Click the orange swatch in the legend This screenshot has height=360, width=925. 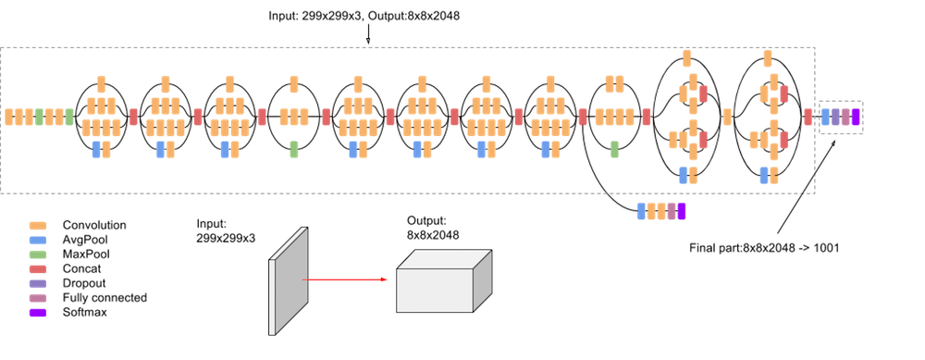(x=38, y=226)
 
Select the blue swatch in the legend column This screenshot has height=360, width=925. (x=38, y=240)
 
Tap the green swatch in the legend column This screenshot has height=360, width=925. (x=38, y=254)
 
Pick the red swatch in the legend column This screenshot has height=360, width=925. (x=38, y=268)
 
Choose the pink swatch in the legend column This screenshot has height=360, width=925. (x=38, y=298)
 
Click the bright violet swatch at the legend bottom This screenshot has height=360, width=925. (x=38, y=313)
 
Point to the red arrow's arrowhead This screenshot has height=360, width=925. (x=384, y=279)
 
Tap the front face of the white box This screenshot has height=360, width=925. (x=434, y=291)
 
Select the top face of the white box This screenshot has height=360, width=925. (x=444, y=259)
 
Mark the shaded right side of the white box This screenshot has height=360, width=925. (x=482, y=279)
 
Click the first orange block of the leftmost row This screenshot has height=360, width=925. (x=8, y=117)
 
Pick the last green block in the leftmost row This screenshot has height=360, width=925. (x=69, y=117)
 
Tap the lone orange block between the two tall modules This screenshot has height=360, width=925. (x=728, y=117)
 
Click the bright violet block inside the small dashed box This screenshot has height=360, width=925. (x=856, y=117)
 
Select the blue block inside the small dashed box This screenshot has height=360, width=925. (x=826, y=117)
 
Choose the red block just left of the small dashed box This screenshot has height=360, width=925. (x=808, y=117)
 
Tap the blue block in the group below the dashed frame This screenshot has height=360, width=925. (x=641, y=212)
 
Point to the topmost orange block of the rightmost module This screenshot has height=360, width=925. (x=768, y=58)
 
